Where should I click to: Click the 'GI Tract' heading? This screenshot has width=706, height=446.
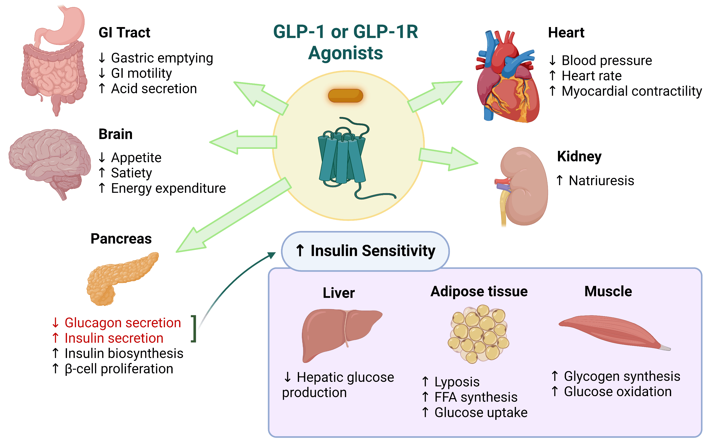124,33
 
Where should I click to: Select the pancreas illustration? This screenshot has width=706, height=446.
120,278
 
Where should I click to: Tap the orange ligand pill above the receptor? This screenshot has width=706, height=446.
345,96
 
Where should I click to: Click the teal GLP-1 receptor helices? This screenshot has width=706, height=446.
341,158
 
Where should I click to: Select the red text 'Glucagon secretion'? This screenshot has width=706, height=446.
122,323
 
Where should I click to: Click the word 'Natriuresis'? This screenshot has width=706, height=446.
601,180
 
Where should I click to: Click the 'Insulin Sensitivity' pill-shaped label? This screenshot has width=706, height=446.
365,251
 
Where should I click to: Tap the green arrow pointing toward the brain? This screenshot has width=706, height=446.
243,142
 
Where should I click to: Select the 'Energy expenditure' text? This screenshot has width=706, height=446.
168,188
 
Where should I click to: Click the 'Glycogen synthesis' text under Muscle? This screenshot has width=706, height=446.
621,376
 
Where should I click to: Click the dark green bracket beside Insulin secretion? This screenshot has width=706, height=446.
194,328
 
